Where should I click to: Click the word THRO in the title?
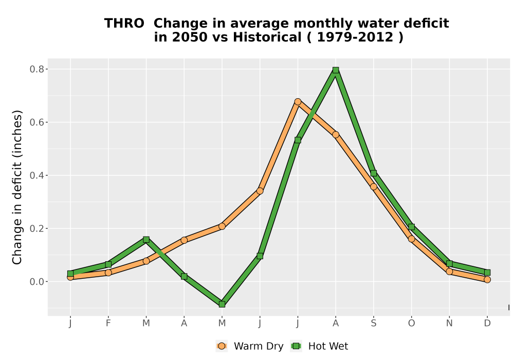point(124,23)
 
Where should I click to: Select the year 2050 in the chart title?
point(190,37)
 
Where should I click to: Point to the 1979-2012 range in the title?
point(355,37)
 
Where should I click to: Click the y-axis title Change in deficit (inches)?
point(17,187)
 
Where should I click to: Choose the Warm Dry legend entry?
point(250,346)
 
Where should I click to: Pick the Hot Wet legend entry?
point(320,346)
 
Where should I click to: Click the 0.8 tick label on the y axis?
point(37,69)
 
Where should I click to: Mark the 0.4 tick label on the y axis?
point(37,175)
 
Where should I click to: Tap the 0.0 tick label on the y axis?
point(37,282)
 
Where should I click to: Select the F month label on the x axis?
point(108,323)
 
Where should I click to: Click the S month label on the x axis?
point(373,323)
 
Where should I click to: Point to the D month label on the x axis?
point(487,323)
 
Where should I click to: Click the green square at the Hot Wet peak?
point(336,70)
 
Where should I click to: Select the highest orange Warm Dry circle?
point(298,102)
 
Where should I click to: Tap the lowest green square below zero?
point(222,304)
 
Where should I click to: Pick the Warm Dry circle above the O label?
point(411,239)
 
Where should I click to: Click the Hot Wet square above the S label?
point(373,173)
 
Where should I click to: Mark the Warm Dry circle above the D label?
point(487,279)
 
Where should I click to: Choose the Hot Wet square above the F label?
point(108,264)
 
